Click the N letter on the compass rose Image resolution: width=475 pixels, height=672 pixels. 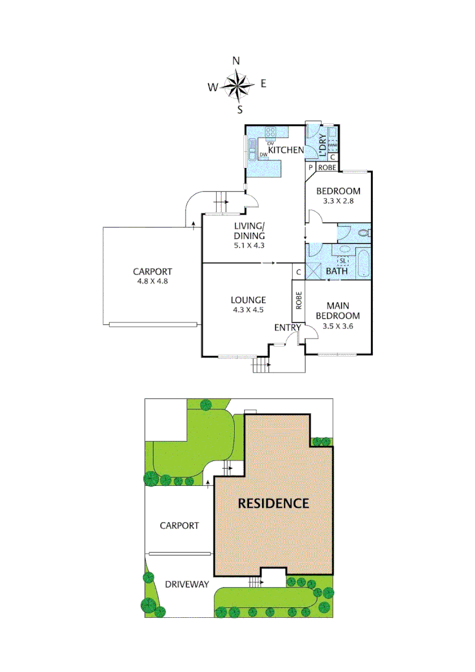236,61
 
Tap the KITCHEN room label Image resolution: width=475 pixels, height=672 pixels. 286,150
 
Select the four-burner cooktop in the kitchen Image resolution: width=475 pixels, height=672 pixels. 271,132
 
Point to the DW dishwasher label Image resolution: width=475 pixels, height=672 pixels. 263,154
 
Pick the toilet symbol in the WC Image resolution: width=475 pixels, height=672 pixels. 364,234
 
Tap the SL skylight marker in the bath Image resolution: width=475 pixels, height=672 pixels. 342,261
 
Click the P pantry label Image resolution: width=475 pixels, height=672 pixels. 310,167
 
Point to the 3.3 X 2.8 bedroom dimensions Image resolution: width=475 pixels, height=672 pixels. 338,201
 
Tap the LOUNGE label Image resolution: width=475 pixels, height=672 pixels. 248,300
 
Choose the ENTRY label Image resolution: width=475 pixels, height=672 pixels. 288,327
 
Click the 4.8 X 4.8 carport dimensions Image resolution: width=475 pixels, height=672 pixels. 152,281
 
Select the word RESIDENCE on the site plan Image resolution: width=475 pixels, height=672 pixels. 273,503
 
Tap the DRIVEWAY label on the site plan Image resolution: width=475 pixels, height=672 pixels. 187,584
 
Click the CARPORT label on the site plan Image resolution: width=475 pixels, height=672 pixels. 179,526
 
